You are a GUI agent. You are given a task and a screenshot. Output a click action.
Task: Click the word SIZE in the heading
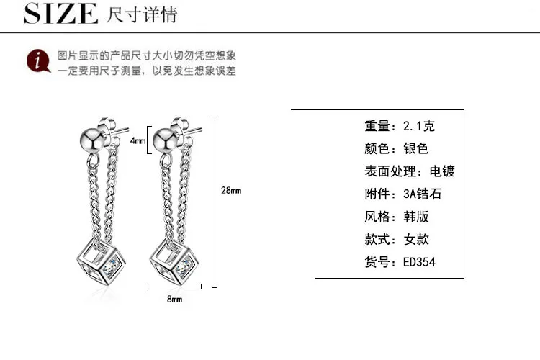60,14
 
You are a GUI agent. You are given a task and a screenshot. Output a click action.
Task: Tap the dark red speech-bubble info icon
37,62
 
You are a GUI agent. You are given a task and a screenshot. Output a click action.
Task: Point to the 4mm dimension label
137,141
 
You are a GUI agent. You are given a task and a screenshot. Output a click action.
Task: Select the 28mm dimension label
231,190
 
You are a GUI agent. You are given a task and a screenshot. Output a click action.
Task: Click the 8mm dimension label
174,298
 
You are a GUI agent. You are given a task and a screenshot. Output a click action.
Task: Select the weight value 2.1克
419,127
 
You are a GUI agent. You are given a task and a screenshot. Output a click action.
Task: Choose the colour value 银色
416,149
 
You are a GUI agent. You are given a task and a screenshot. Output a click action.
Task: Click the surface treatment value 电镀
442,171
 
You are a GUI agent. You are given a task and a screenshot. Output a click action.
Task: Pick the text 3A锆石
423,194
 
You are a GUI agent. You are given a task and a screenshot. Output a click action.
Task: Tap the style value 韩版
416,217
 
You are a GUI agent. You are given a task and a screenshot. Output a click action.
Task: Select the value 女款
416,240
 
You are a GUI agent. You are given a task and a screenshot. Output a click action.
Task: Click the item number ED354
419,262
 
